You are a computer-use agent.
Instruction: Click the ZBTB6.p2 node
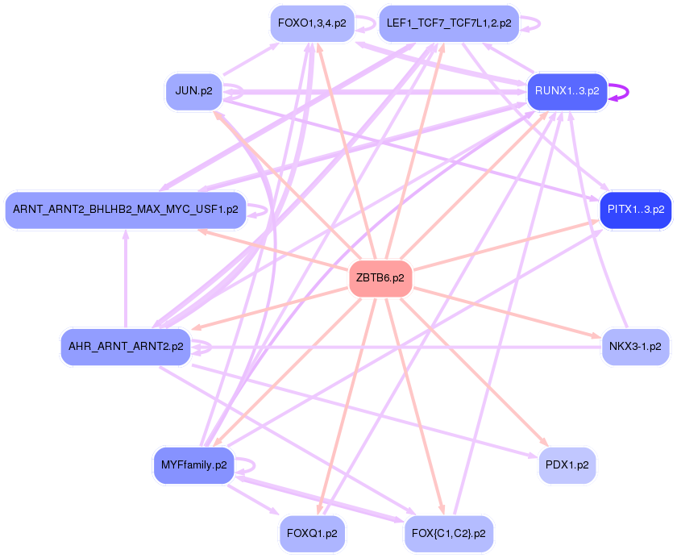(x=380, y=278)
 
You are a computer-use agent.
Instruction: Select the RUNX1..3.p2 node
(x=567, y=92)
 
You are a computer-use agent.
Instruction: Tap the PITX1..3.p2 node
(x=635, y=210)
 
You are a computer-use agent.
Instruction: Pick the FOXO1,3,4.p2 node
(x=312, y=23)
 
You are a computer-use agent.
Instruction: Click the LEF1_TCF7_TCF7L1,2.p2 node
(x=449, y=23)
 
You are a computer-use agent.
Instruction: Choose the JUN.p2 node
(x=193, y=91)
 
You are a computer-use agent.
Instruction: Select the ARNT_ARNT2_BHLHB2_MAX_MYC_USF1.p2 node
(x=125, y=210)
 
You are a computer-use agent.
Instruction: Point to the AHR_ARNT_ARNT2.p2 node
(x=126, y=348)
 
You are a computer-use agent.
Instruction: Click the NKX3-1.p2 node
(x=635, y=347)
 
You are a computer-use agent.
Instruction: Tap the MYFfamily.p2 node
(x=193, y=465)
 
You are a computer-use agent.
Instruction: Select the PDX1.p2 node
(x=567, y=465)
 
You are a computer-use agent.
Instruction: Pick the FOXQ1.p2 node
(x=312, y=533)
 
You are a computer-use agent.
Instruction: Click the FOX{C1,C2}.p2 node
(x=448, y=533)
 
